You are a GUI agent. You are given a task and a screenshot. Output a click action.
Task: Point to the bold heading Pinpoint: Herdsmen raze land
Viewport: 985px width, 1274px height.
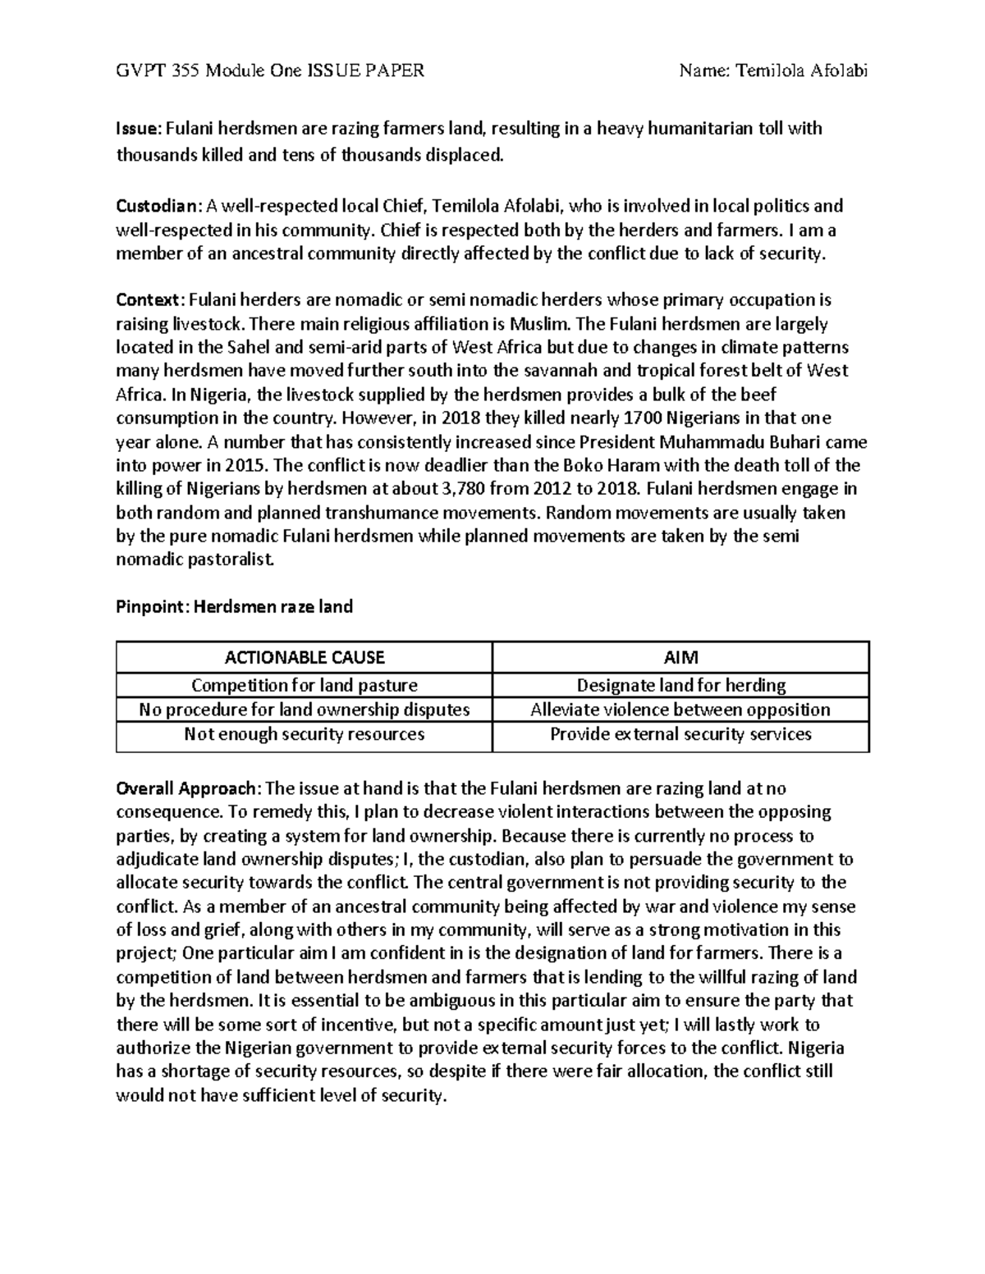[x=234, y=607]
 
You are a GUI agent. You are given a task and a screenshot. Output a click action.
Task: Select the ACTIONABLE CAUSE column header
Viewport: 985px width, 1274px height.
[x=305, y=657]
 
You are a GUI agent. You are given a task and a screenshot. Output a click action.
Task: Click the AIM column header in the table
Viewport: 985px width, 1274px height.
[x=680, y=657]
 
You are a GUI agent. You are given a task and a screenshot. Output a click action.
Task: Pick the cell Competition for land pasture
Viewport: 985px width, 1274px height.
[x=305, y=685]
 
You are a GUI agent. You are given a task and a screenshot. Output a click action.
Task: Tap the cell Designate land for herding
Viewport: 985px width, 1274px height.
[x=680, y=685]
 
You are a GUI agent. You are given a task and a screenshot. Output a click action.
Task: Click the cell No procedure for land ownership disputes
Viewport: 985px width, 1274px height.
[x=305, y=710]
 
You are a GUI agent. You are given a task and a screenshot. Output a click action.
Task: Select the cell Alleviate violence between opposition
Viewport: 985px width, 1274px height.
[x=680, y=710]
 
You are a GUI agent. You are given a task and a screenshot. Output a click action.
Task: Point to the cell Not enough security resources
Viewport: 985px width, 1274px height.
[x=305, y=734]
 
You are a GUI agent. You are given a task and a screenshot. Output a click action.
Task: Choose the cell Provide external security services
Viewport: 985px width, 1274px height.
[x=680, y=734]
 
